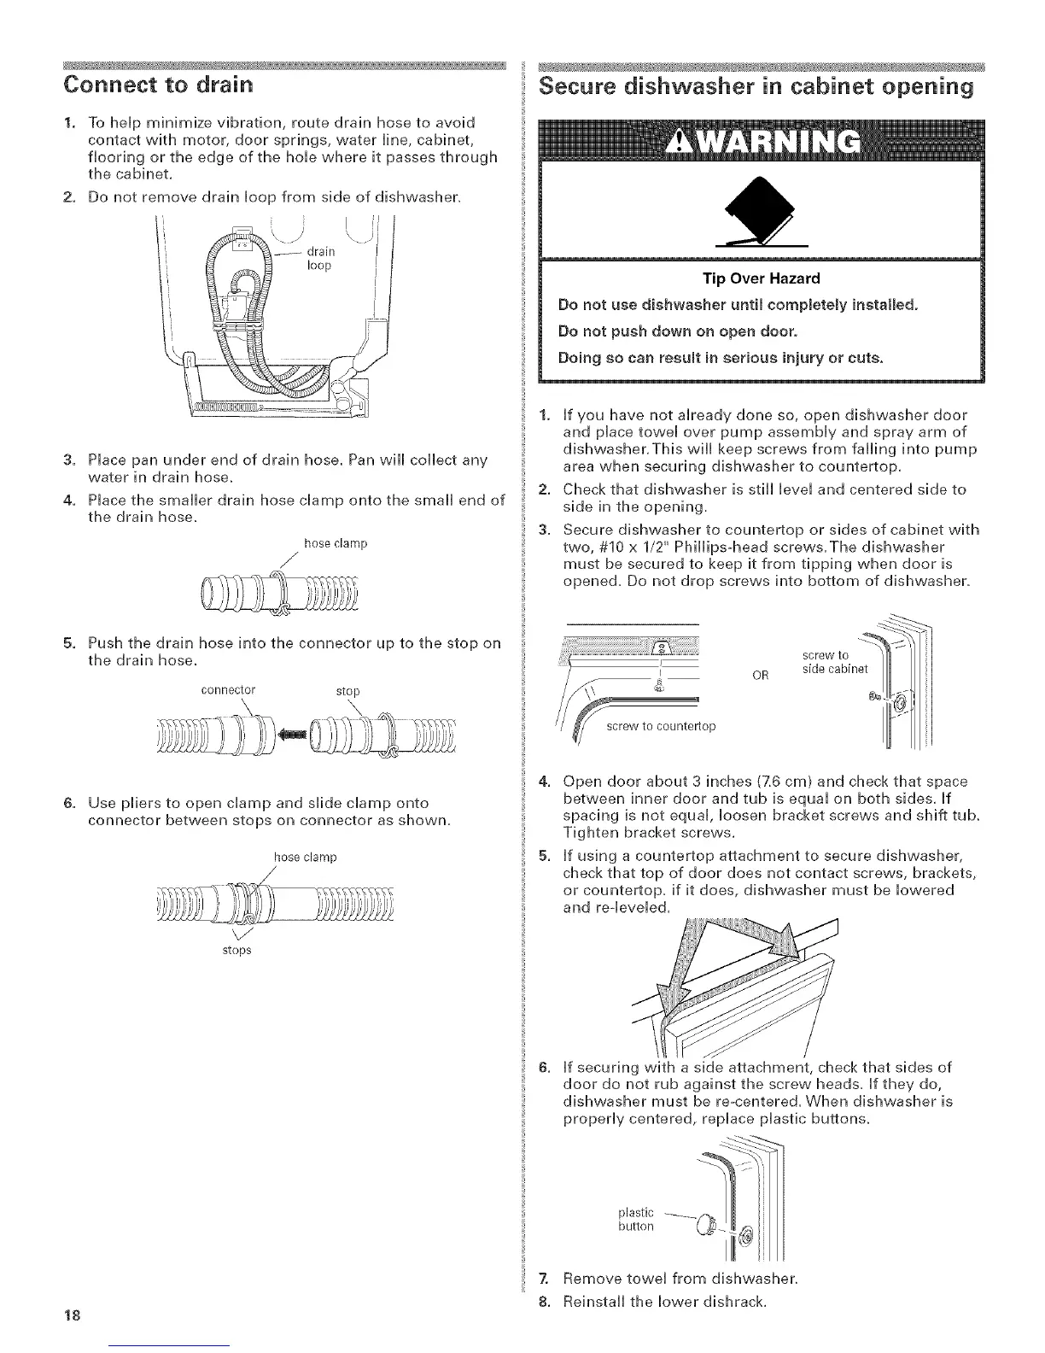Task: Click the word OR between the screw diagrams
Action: pos(761,675)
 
